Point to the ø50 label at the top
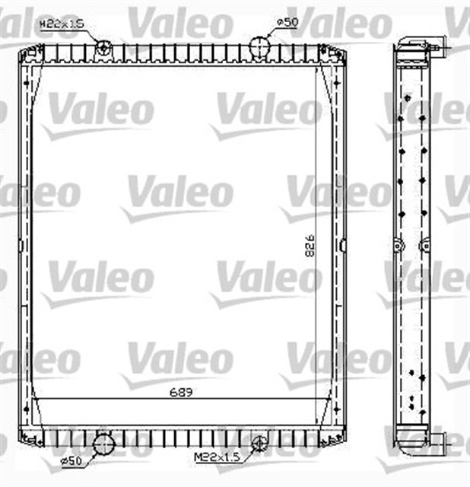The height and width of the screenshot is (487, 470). (x=286, y=22)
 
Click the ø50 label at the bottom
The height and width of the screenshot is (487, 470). (x=70, y=460)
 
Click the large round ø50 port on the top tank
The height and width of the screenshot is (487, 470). (x=260, y=46)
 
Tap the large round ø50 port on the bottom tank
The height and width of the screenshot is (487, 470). (x=102, y=444)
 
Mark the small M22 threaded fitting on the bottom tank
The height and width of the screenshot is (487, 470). (x=260, y=441)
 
